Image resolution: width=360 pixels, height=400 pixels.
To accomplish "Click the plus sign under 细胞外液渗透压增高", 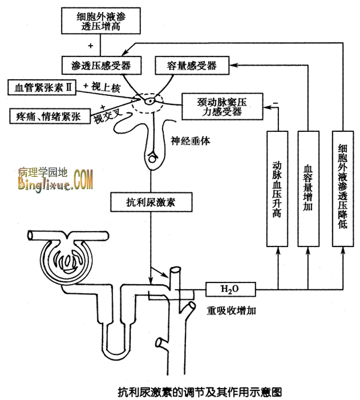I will [91, 45].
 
